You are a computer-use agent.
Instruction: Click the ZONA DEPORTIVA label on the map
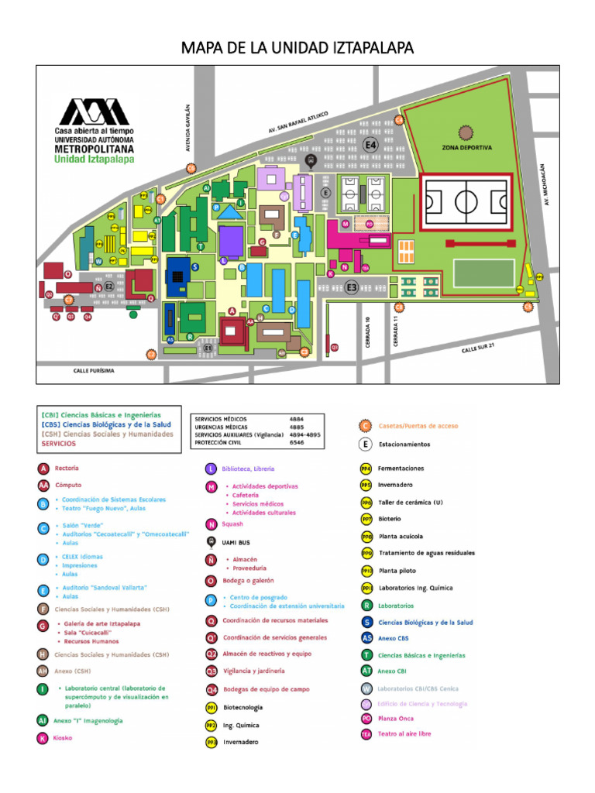click(467, 147)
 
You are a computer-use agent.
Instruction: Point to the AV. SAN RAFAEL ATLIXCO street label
click(298, 122)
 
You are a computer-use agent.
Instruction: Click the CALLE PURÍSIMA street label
click(94, 371)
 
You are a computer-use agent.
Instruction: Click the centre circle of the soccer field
click(466, 201)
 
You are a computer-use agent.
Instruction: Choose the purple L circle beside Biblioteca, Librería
click(210, 469)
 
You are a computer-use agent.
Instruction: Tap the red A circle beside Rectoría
click(44, 469)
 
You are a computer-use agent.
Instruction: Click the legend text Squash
click(232, 524)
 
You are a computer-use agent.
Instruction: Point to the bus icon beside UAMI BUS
click(210, 541)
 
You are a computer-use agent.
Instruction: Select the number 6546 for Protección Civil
click(297, 442)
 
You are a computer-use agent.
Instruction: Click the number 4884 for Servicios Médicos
click(297, 419)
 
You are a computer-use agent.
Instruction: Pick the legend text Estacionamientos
click(404, 445)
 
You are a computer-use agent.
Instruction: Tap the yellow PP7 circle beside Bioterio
click(366, 519)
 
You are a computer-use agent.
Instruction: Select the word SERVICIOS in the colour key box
click(59, 444)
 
